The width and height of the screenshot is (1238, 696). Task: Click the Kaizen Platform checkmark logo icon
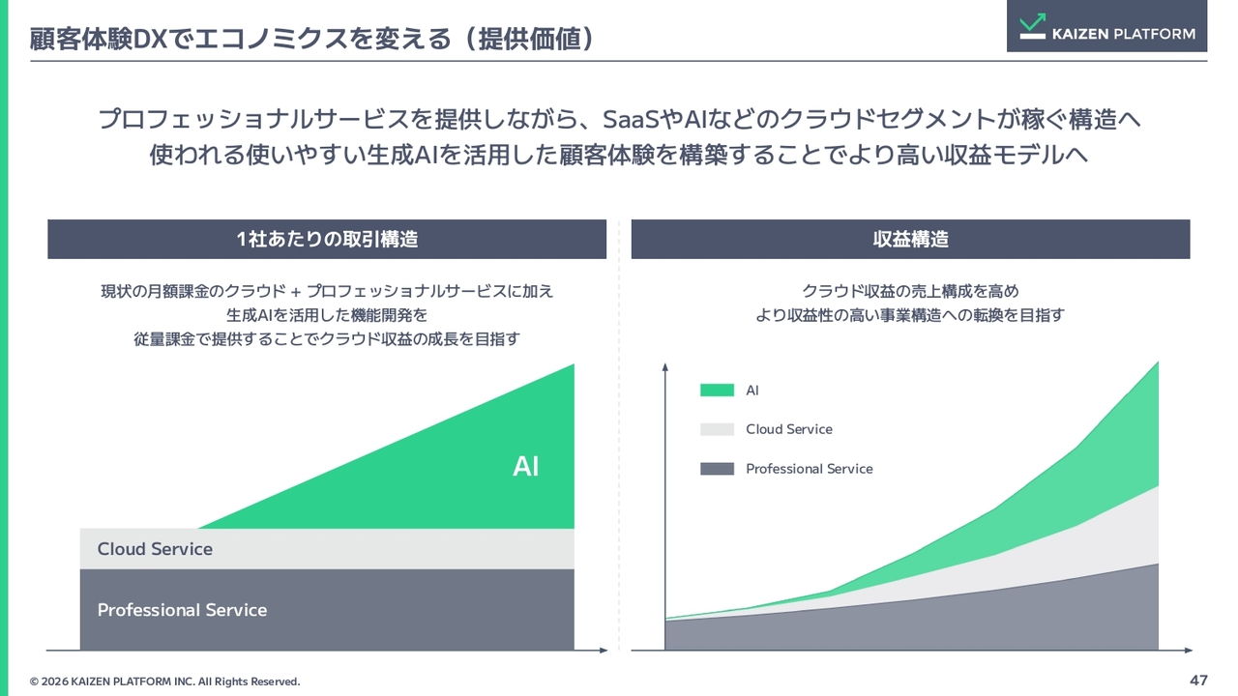[x=1032, y=26]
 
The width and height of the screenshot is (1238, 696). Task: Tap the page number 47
[x=1198, y=680]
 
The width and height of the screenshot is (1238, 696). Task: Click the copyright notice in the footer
[x=164, y=681]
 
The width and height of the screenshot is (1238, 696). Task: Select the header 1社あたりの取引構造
[x=327, y=239]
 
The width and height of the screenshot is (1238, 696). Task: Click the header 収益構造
[x=911, y=239]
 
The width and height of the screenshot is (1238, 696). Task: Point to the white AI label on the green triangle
[x=525, y=467]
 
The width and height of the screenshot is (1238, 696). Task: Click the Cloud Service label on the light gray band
[x=155, y=549]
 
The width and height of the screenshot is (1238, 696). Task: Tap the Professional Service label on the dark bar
[x=183, y=610]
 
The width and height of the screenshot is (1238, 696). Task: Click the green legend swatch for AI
[x=717, y=390]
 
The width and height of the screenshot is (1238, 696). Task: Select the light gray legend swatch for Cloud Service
[x=717, y=429]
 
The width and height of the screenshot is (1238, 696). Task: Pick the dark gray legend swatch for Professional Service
[x=717, y=469]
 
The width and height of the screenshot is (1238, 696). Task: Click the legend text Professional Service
[x=810, y=469]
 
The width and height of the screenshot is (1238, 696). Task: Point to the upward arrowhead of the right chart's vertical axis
[x=664, y=366]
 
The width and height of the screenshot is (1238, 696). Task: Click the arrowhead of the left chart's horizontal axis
[x=604, y=651]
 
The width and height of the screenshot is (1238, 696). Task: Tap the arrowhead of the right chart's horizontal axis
[x=1189, y=651]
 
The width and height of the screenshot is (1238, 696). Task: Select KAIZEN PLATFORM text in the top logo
[x=1124, y=34]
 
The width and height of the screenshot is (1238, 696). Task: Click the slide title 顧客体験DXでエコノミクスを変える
[x=241, y=40]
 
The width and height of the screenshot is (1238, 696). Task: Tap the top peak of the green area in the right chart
[x=1158, y=362]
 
